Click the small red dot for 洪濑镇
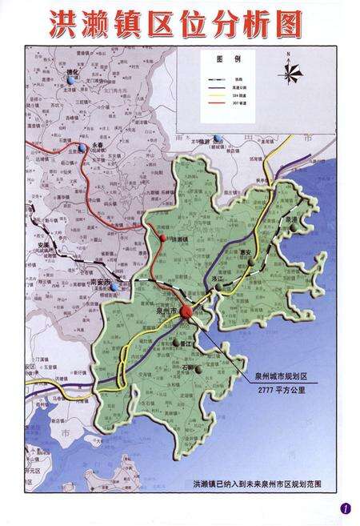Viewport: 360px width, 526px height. click(x=164, y=239)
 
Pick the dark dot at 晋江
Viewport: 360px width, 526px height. click(x=175, y=344)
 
